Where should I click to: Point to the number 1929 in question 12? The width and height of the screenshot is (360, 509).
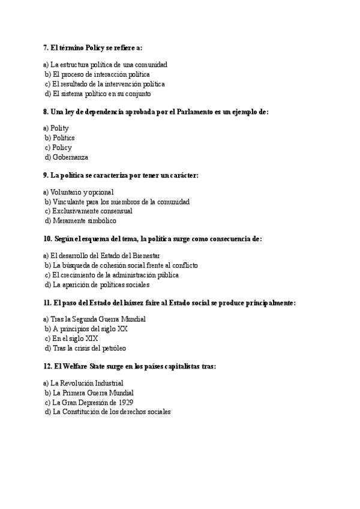pos(125,403)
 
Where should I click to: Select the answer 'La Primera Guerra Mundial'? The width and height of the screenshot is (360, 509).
pos(91,393)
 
